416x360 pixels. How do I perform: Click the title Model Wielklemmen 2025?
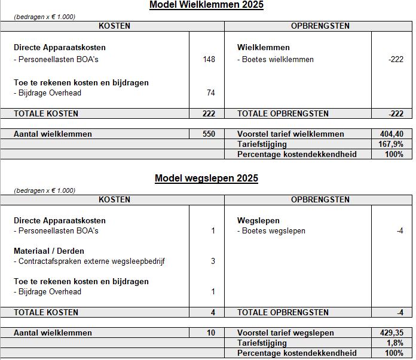pyautogui.click(x=206, y=5)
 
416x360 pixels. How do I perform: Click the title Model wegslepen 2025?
pyautogui.click(x=206, y=178)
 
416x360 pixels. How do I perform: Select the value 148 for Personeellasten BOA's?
pyautogui.click(x=209, y=59)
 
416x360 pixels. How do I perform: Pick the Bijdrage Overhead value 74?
pyautogui.click(x=210, y=93)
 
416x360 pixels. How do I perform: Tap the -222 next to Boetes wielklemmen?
pyautogui.click(x=395, y=59)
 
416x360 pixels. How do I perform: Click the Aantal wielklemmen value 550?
pyautogui.click(x=209, y=134)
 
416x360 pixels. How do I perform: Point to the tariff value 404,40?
pyautogui.click(x=391, y=134)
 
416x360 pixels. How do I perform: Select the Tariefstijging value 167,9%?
pyautogui.click(x=392, y=144)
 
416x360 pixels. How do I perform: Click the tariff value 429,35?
pyautogui.click(x=391, y=333)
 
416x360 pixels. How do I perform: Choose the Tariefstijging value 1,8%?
pyautogui.click(x=394, y=343)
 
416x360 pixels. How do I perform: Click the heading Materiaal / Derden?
pyautogui.click(x=48, y=251)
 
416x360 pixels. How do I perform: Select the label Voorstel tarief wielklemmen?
pyautogui.click(x=290, y=134)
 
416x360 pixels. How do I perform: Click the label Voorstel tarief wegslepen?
pyautogui.click(x=285, y=333)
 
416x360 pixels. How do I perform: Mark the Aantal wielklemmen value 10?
pyautogui.click(x=211, y=333)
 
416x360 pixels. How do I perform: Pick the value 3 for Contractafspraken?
pyautogui.click(x=213, y=261)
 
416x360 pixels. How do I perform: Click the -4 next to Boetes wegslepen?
pyautogui.click(x=399, y=230)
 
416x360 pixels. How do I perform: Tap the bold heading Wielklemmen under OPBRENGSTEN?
pyautogui.click(x=263, y=47)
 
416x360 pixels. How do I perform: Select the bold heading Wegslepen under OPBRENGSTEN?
pyautogui.click(x=258, y=220)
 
